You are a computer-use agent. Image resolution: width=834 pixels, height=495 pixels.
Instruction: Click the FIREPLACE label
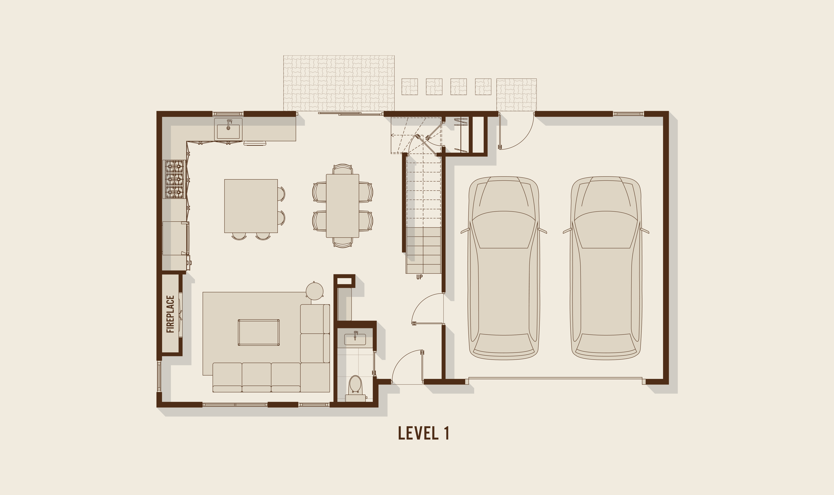[171, 314]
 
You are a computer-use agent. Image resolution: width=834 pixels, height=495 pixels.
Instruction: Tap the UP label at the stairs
[419, 277]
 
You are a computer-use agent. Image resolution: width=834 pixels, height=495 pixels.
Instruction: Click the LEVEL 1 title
[424, 433]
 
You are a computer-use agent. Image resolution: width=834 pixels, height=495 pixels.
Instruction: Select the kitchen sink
[228, 129]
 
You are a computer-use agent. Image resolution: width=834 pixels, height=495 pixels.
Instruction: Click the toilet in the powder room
[355, 389]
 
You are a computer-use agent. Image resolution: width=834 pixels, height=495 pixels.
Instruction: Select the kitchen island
[251, 206]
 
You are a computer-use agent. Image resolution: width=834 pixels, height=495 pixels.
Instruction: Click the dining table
[342, 206]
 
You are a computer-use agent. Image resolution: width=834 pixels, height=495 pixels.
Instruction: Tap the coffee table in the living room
[259, 332]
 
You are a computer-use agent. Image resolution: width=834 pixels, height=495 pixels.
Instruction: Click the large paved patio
[339, 83]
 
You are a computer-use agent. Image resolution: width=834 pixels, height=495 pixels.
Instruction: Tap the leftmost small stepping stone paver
[410, 87]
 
